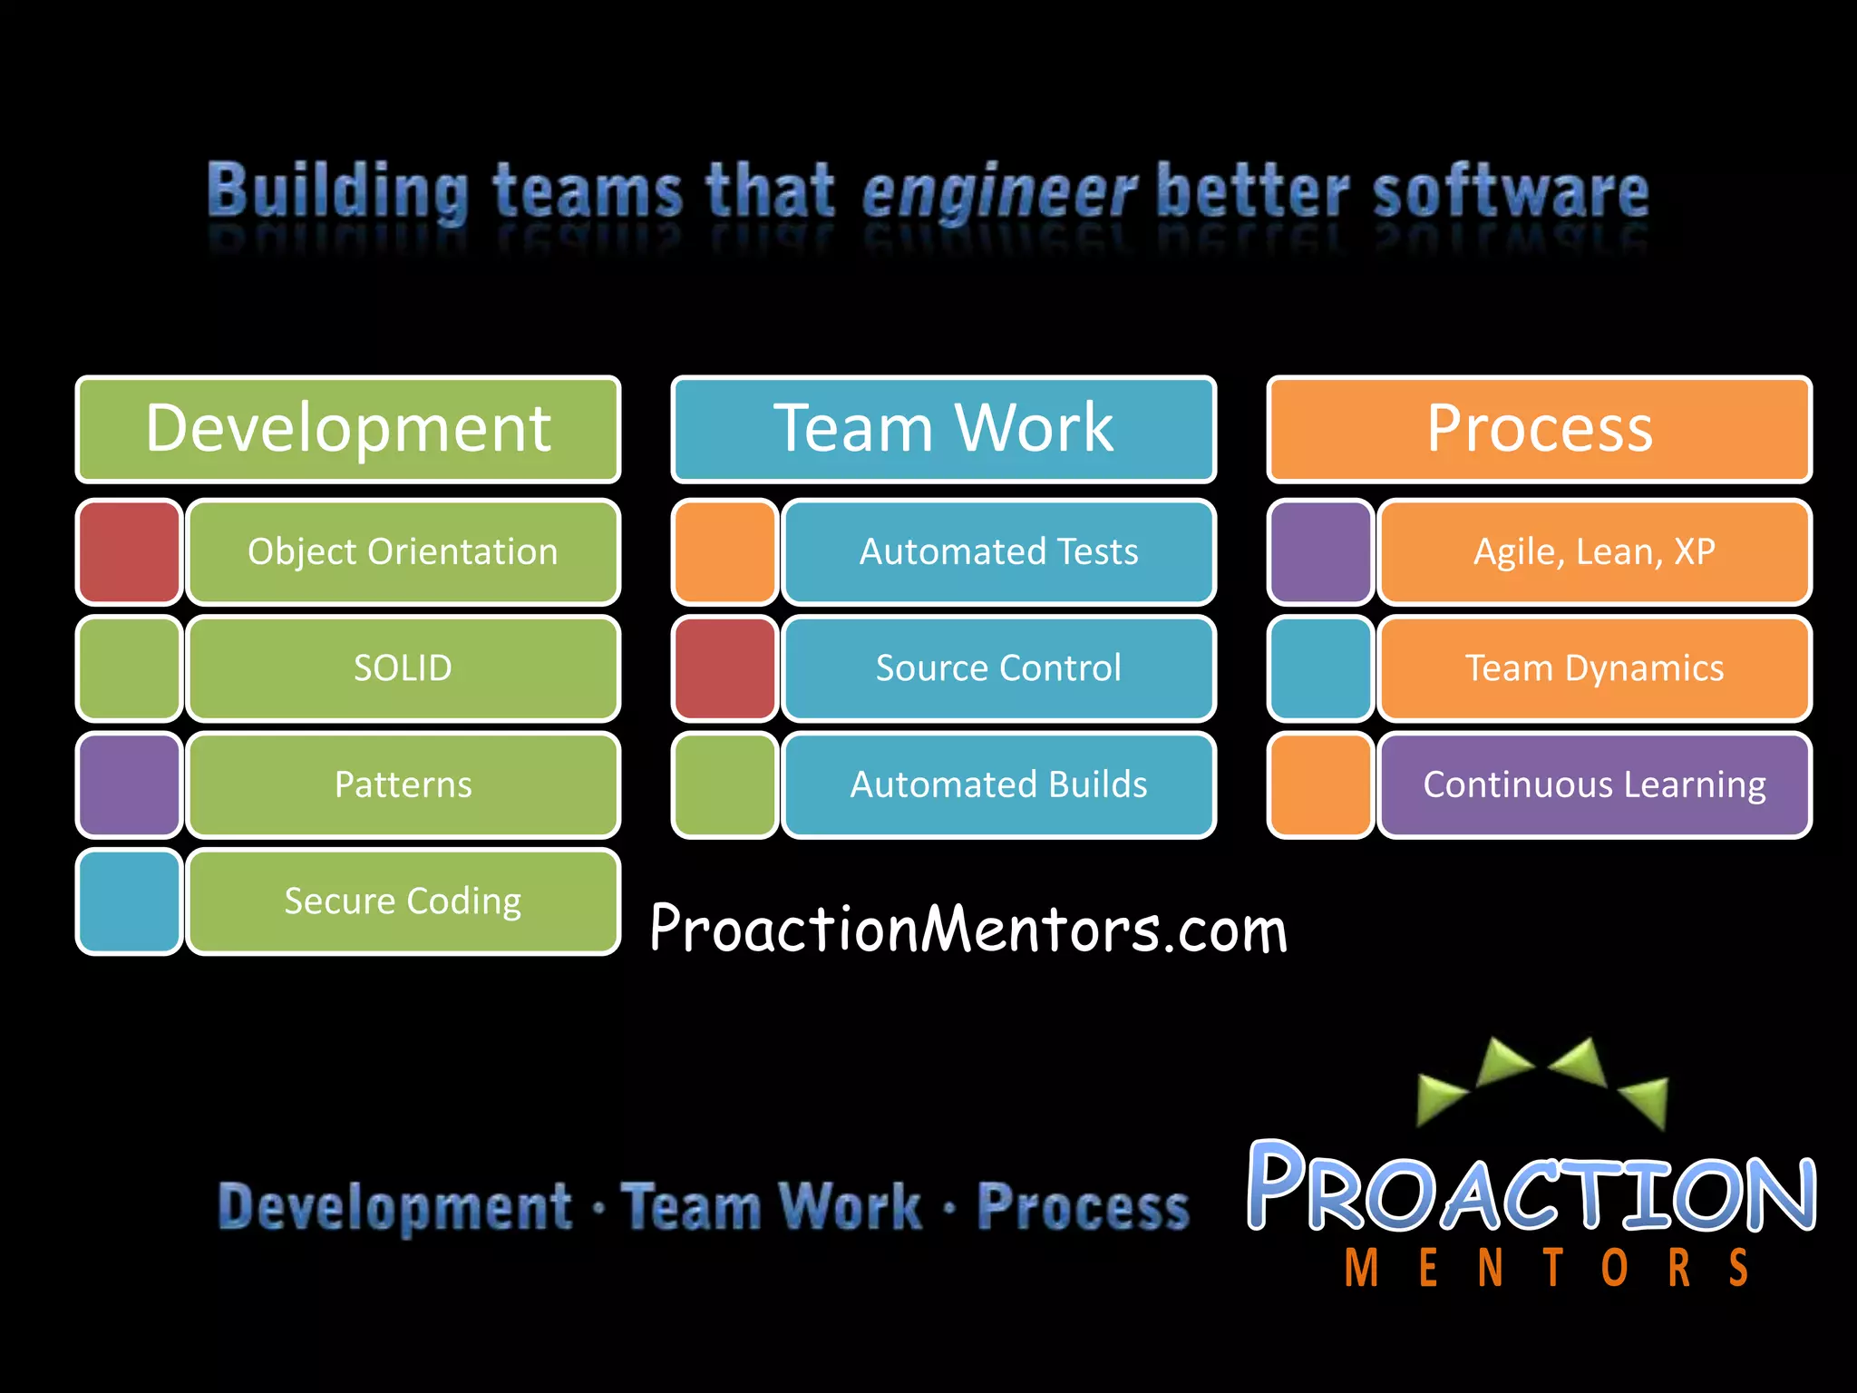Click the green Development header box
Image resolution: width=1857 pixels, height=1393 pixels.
pos(348,429)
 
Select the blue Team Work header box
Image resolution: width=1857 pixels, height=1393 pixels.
pos(943,429)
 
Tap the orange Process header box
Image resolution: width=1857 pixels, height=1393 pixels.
pos(1539,429)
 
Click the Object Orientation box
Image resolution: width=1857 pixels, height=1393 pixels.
pos(403,551)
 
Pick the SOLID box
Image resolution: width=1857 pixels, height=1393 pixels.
pos(403,668)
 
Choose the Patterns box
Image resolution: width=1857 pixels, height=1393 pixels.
pos(403,784)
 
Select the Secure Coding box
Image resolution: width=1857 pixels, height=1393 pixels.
pos(403,901)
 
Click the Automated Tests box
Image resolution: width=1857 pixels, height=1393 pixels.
pos(998,551)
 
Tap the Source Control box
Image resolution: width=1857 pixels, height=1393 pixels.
pos(998,668)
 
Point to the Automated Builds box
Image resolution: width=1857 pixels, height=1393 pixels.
pos(998,784)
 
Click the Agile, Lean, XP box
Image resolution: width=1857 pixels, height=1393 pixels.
pos(1594,551)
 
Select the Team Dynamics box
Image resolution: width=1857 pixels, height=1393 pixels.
pos(1594,668)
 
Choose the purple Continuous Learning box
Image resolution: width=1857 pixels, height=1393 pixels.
pos(1594,784)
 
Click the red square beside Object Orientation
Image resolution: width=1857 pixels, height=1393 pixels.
pos(130,551)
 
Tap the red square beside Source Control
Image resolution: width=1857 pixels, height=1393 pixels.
pos(724,668)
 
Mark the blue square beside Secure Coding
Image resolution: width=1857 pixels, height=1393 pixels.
pos(130,901)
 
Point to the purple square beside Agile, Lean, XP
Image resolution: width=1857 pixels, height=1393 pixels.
pos(1320,551)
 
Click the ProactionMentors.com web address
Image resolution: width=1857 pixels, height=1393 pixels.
pos(968,929)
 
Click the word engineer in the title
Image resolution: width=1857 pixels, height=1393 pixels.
pos(997,192)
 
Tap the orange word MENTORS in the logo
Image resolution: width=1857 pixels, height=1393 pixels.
pos(1546,1268)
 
